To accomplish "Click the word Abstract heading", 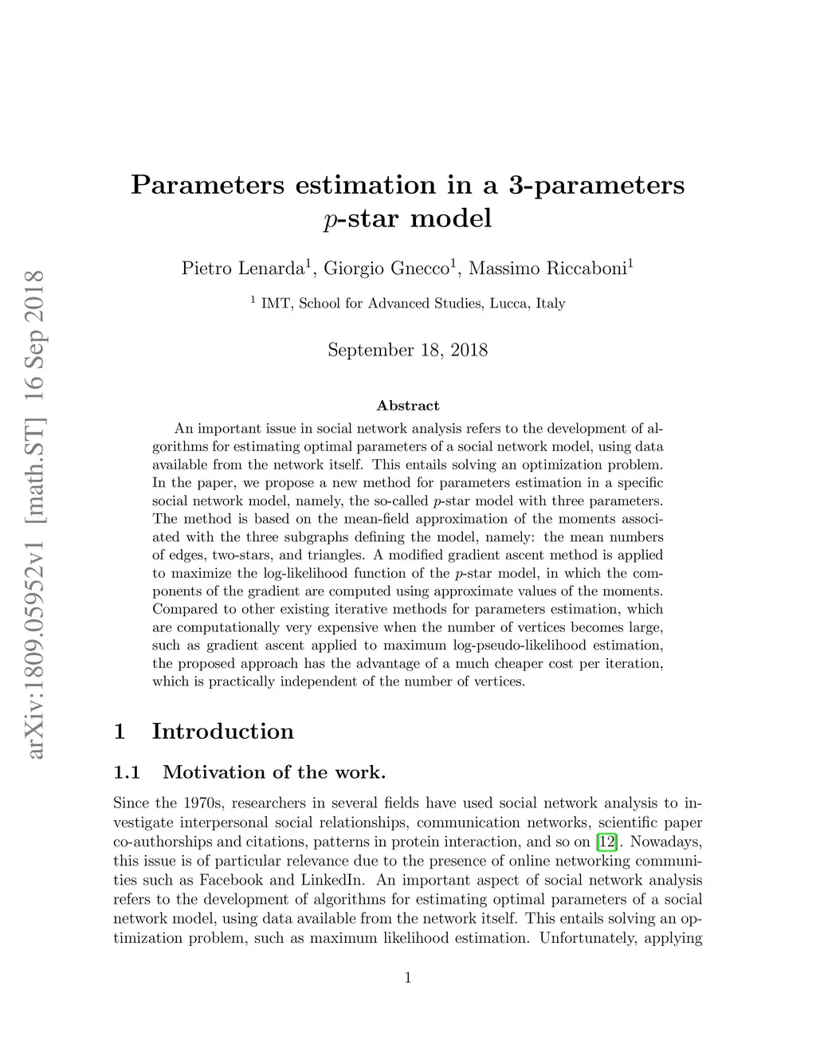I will [407, 406].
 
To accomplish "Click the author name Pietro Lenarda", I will [242, 269].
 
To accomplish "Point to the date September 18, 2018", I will [407, 350].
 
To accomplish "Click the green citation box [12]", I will [606, 842].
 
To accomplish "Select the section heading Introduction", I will [222, 731].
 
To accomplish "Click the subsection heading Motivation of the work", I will [274, 771].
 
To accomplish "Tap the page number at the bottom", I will [408, 978].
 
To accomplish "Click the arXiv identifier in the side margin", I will [34, 514].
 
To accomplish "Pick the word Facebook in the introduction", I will [230, 880].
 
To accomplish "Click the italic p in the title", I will [329, 220].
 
